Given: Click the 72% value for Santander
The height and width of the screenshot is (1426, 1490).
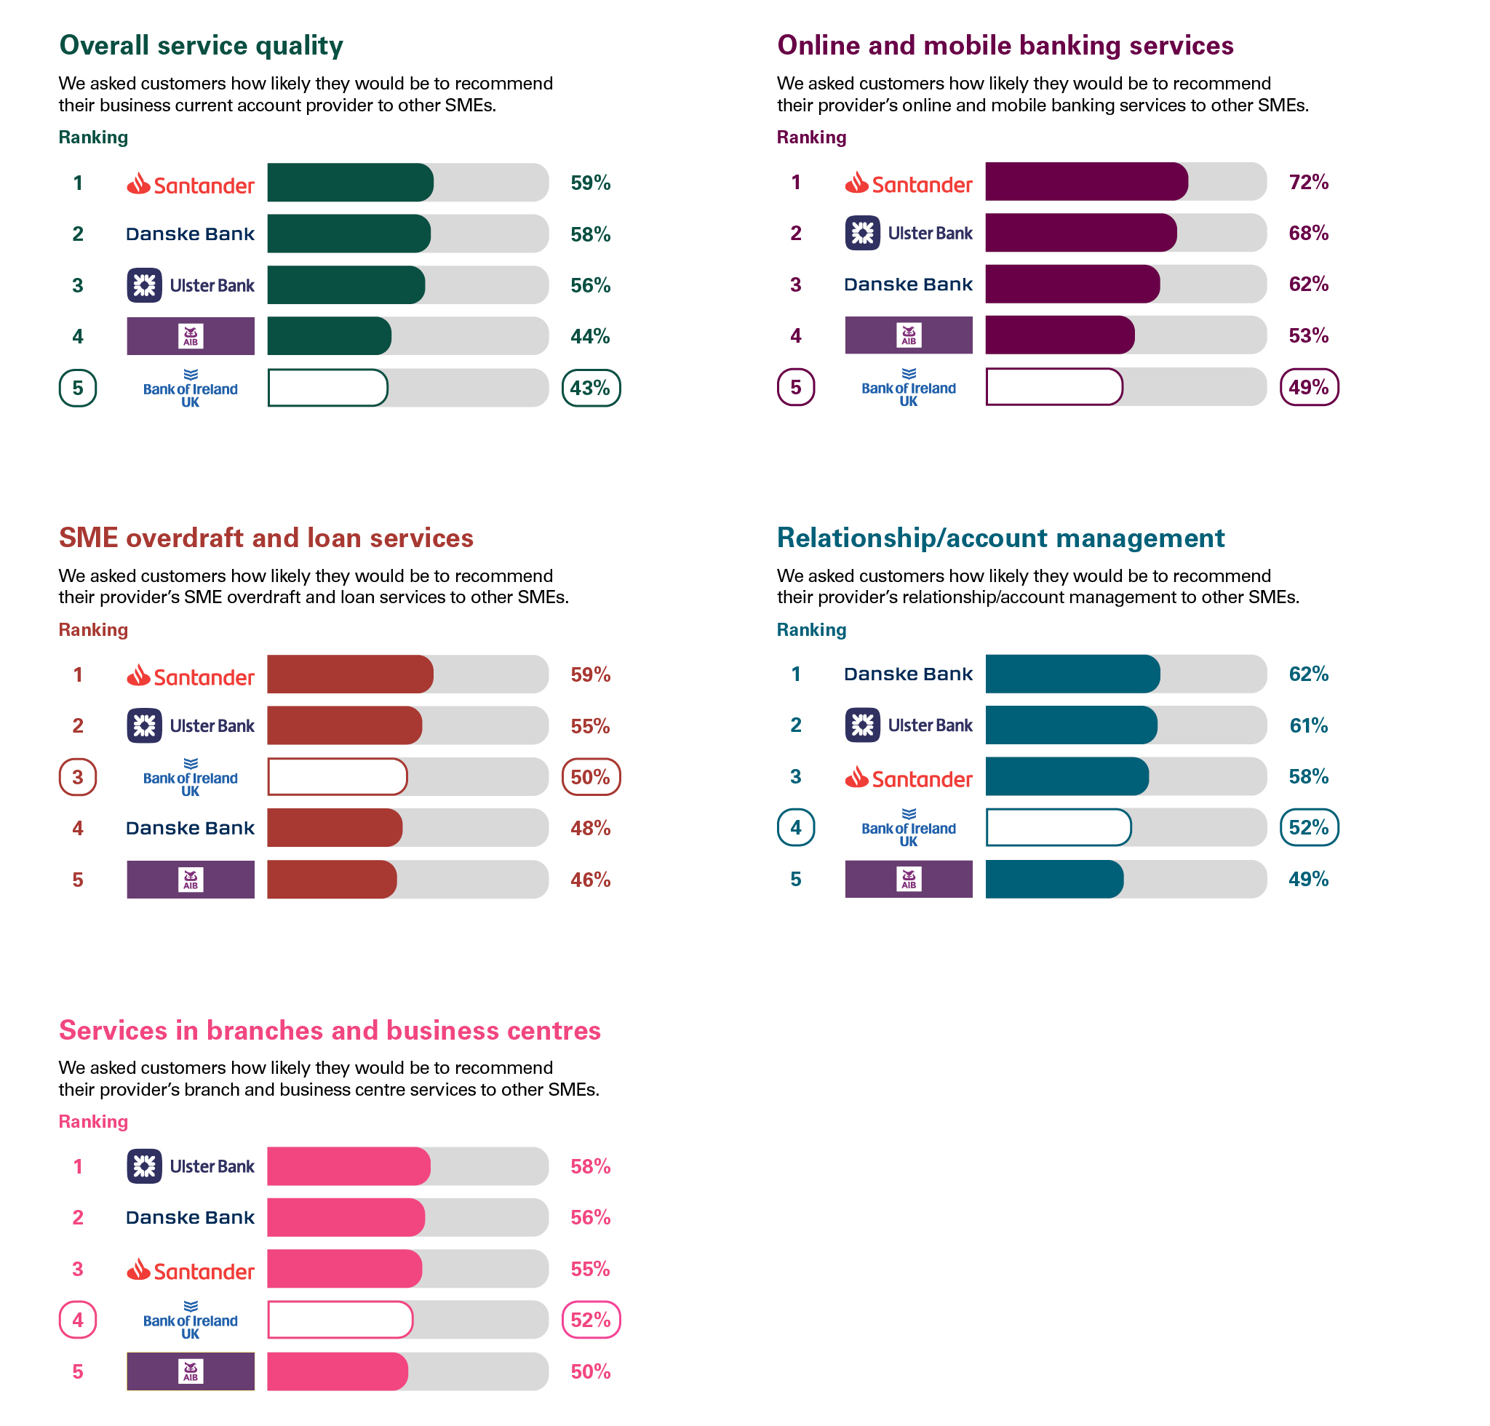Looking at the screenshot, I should click(1307, 183).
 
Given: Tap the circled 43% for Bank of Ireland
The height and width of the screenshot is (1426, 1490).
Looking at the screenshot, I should click(591, 389).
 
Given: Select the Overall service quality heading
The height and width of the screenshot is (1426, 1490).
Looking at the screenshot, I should click(201, 46).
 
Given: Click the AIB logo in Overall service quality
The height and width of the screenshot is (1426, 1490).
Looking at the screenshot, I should click(190, 336).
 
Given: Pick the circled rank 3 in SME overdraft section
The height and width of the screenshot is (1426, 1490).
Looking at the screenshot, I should click(78, 777).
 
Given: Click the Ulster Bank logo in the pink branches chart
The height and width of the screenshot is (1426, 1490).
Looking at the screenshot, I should click(190, 1166).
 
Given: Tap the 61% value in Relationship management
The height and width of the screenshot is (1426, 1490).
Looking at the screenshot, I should click(1307, 725).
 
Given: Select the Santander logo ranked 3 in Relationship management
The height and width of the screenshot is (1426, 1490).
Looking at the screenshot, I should click(909, 778).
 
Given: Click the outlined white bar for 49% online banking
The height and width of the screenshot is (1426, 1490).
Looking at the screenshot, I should click(1053, 387).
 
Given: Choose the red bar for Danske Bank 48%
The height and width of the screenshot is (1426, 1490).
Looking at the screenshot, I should click(335, 828).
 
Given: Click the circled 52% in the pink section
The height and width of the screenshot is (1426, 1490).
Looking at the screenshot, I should click(591, 1321).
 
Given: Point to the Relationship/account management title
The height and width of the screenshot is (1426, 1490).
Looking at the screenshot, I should click(1000, 538).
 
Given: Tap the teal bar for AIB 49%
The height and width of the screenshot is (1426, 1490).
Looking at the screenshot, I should click(1053, 880).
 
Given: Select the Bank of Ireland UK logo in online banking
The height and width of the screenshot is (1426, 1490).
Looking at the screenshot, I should click(909, 387).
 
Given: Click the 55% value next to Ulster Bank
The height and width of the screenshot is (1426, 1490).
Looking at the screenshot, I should click(590, 726).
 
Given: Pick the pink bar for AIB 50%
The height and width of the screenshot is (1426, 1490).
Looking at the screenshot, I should click(337, 1371).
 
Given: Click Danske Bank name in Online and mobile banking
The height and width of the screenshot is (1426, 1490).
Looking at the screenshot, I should click(909, 284).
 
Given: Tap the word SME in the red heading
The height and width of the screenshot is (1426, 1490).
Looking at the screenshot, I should click(88, 538).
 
